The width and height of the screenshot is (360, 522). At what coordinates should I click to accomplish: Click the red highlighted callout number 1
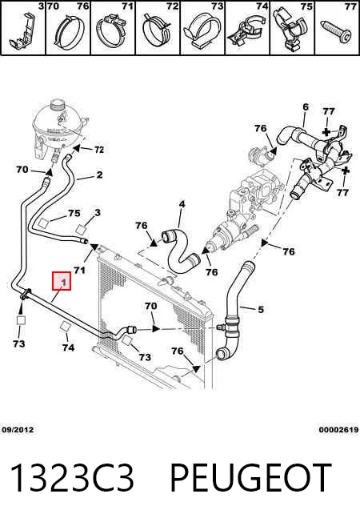(62, 281)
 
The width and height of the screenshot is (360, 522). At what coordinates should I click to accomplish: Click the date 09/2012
(18, 429)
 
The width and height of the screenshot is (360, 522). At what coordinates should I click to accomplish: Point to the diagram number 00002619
(338, 429)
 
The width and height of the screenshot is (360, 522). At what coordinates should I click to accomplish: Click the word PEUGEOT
(251, 477)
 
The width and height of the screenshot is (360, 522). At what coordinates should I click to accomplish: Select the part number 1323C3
(72, 477)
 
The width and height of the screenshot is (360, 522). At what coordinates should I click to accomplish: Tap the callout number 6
(306, 107)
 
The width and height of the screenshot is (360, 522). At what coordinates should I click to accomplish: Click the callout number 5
(261, 309)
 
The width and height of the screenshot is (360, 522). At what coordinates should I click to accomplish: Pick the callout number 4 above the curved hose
(182, 203)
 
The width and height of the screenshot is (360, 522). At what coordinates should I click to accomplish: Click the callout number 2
(99, 175)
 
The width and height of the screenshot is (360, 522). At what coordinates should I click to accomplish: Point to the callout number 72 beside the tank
(99, 150)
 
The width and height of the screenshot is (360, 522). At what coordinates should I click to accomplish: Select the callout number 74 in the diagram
(68, 347)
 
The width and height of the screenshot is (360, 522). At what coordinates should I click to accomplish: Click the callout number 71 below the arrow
(79, 270)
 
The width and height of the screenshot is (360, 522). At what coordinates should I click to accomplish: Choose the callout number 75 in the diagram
(74, 213)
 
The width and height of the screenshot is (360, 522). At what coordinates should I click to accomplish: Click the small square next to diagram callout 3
(82, 230)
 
